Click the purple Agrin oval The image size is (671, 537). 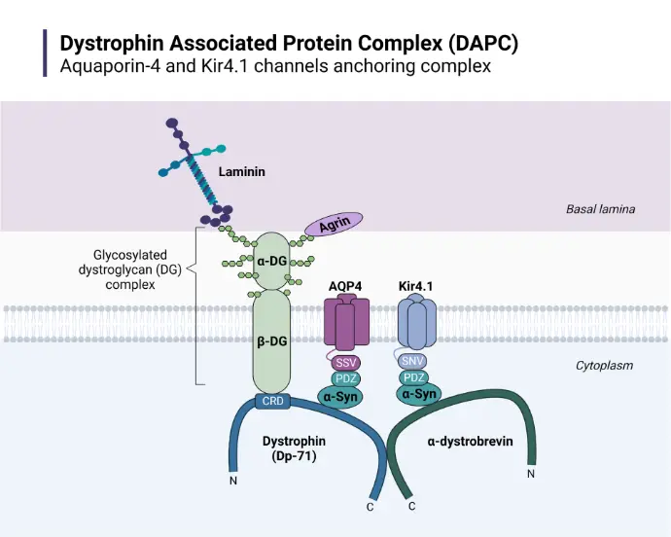334,225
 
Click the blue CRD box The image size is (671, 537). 271,401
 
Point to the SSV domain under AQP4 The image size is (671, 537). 345,362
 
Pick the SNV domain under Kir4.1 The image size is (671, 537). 413,361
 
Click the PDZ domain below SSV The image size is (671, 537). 345,378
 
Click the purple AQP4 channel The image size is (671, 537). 346,322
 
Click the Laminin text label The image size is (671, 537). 242,172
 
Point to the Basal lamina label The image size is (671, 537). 599,209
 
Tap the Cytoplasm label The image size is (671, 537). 604,366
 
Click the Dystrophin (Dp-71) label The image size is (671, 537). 294,448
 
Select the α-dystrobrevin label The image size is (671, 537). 471,442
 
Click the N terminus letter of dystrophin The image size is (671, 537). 233,481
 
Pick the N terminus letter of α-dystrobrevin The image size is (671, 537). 530,474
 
